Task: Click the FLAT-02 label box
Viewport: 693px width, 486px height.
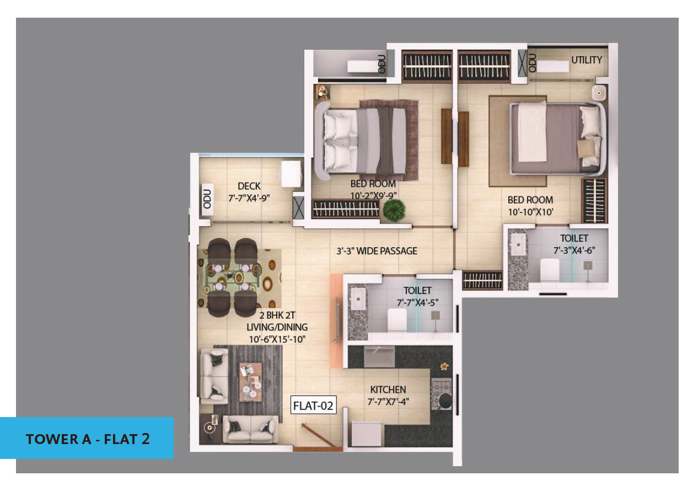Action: point(313,405)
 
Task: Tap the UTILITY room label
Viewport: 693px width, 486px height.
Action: point(587,60)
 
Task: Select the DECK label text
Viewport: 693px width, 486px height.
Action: point(249,186)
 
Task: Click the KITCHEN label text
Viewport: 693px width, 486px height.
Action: point(388,389)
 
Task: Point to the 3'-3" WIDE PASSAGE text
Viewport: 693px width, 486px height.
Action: point(377,251)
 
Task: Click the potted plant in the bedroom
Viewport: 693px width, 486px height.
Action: point(394,210)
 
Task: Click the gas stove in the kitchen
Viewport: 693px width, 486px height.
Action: point(442,394)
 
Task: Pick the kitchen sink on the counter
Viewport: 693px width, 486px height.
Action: point(379,356)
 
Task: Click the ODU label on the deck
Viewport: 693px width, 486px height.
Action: point(207,199)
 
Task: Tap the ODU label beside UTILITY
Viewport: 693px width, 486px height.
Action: point(532,63)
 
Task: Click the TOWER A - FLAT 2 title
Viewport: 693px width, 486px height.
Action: point(88,439)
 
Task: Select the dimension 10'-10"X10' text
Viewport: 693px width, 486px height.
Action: point(530,212)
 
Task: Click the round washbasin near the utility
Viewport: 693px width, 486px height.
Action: point(599,93)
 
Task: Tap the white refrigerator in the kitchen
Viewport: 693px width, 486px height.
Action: point(367,434)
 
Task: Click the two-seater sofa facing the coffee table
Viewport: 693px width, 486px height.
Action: point(250,429)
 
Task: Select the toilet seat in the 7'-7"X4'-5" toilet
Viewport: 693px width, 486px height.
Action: point(397,320)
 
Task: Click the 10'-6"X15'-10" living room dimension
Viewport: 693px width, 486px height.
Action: point(277,339)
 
